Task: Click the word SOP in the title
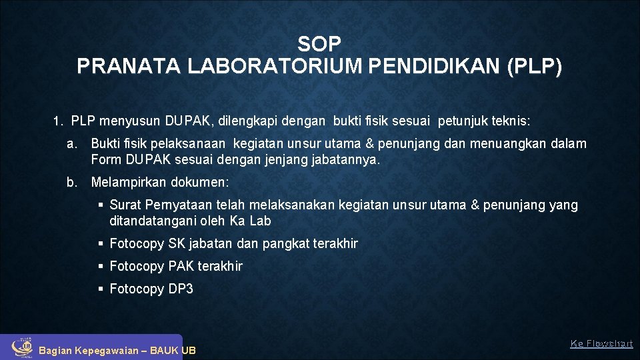[319, 45]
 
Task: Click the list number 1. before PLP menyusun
[58, 122]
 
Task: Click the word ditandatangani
[153, 221]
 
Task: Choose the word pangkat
[286, 244]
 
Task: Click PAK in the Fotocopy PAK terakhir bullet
[181, 267]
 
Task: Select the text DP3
[181, 289]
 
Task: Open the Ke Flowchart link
[601, 344]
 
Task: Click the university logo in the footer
[23, 345]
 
